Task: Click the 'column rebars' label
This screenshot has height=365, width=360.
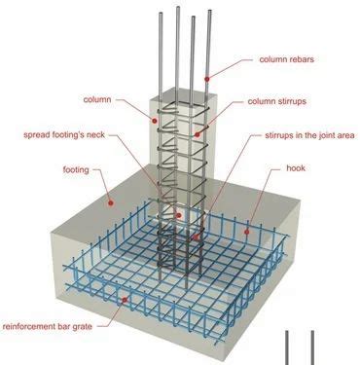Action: click(x=286, y=59)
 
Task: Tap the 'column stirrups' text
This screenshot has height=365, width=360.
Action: click(x=277, y=101)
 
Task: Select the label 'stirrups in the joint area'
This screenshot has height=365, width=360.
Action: click(x=309, y=135)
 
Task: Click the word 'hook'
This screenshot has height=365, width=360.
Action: click(x=296, y=168)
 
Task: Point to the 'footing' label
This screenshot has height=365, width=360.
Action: click(x=76, y=169)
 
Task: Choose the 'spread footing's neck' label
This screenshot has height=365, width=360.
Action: click(x=64, y=134)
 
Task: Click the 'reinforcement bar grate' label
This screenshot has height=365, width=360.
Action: click(x=48, y=326)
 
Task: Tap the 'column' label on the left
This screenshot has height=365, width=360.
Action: click(x=97, y=99)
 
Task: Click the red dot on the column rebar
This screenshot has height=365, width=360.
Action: click(x=206, y=79)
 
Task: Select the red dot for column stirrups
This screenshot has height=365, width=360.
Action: click(x=197, y=134)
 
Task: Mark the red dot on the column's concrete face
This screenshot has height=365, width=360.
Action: click(x=155, y=121)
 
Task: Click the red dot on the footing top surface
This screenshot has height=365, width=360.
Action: click(x=110, y=202)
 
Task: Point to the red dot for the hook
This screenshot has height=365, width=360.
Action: click(x=246, y=232)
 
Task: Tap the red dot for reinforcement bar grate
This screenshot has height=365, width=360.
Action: click(x=125, y=300)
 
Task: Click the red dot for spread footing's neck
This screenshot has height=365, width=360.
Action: click(x=178, y=215)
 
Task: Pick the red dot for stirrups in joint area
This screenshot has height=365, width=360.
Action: click(x=196, y=237)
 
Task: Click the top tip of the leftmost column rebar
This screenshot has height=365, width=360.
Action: click(x=161, y=13)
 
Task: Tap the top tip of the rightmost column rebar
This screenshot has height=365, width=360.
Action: click(x=210, y=11)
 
